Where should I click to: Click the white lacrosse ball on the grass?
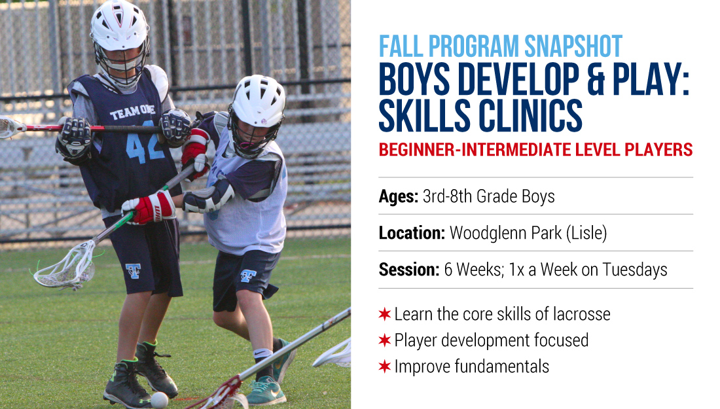[159, 400]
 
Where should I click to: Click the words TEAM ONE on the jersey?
[132, 111]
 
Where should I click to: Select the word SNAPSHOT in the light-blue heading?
[573, 46]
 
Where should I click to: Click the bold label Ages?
[398, 196]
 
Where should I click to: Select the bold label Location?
[412, 233]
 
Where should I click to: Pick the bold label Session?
[408, 270]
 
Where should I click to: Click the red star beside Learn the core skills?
[385, 314]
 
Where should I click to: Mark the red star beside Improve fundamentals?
[385, 366]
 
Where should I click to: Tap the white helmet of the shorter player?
[258, 101]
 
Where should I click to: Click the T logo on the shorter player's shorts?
[248, 276]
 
